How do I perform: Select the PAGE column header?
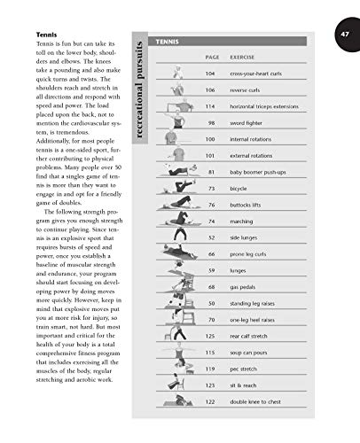click(x=211, y=57)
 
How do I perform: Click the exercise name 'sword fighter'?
click(x=247, y=122)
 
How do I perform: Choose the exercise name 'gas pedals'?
click(x=244, y=286)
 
